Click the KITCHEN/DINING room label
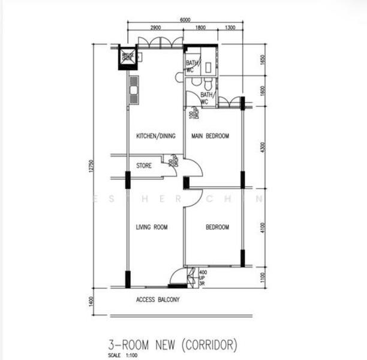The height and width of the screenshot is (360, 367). (x=155, y=136)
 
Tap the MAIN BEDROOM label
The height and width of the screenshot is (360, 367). (x=210, y=136)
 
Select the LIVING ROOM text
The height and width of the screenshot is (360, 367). (x=151, y=227)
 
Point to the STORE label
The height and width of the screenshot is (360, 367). (x=143, y=166)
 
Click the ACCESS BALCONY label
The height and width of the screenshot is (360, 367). (x=158, y=299)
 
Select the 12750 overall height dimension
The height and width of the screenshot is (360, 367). (x=91, y=167)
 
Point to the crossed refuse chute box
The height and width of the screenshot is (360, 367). (x=128, y=58)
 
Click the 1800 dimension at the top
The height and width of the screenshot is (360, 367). (x=200, y=28)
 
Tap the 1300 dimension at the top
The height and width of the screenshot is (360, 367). (x=230, y=28)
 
